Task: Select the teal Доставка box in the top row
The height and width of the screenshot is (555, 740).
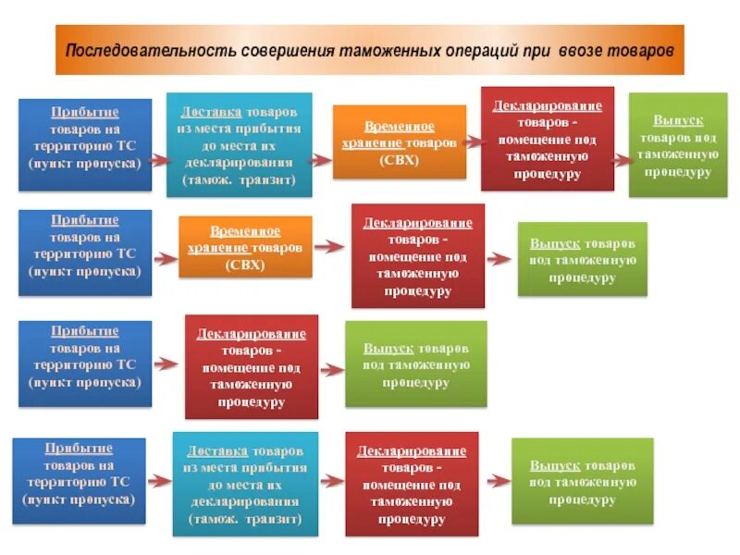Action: pyautogui.click(x=239, y=144)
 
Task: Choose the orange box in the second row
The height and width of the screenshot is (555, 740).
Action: pyautogui.click(x=244, y=247)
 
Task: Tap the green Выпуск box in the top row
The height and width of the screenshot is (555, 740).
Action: pyautogui.click(x=677, y=144)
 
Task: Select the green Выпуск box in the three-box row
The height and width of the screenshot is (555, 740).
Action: pyautogui.click(x=415, y=364)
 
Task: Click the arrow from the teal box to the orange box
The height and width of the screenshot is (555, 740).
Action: pyautogui.click(x=320, y=159)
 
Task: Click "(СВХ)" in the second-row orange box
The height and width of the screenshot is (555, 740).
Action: pyautogui.click(x=244, y=265)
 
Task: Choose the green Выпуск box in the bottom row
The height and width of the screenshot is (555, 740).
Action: pyautogui.click(x=582, y=481)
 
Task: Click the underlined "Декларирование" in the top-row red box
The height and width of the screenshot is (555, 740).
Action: pyautogui.click(x=547, y=105)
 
